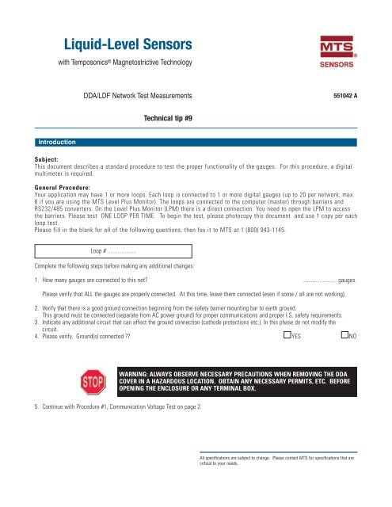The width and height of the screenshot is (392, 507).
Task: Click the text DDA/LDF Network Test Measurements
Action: [137, 96]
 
